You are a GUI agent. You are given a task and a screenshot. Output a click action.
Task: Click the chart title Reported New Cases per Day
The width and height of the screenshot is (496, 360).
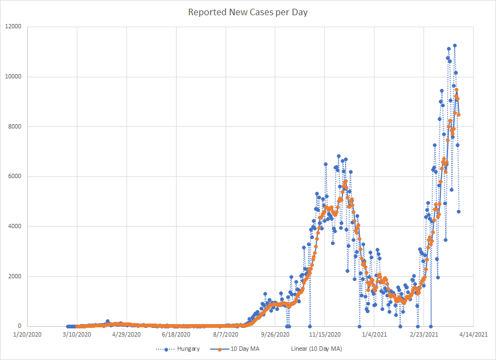click(248, 12)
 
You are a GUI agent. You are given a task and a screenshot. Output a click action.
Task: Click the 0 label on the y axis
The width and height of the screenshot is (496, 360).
click(20, 326)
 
